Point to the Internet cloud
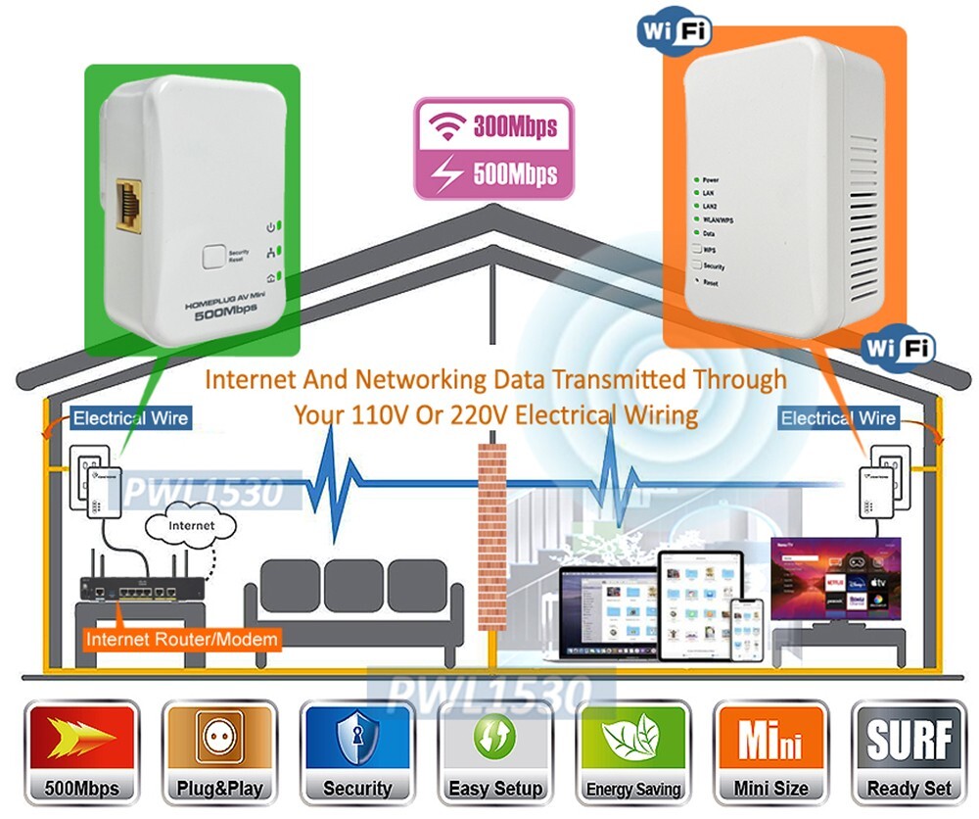pos(192,526)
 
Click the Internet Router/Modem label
pos(182,640)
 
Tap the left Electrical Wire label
pos(130,418)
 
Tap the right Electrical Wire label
pos(838,418)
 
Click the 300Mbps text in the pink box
pos(514,126)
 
